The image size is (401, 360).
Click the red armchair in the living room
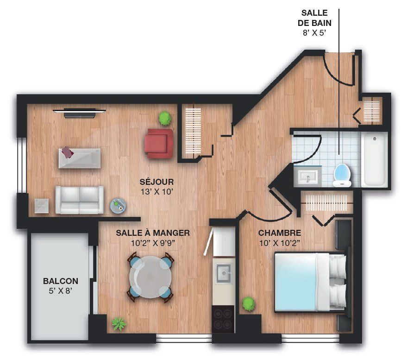point(159,143)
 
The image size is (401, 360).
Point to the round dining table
point(150,277)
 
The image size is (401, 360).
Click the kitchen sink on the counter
point(224,273)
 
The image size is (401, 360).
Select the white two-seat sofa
point(80,200)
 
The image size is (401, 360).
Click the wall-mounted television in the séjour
point(79,113)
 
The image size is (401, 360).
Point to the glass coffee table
point(80,158)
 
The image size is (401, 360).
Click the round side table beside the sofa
point(118,205)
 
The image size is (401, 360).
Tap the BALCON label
point(61,281)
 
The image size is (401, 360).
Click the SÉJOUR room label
point(157,182)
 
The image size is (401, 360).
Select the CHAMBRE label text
point(280,233)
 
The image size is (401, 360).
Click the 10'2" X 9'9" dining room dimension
point(153,243)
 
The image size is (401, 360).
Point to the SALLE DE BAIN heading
point(314,18)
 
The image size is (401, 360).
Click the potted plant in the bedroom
point(248,304)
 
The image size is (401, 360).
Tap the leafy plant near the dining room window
point(119,324)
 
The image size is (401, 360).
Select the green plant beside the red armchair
point(165,118)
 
